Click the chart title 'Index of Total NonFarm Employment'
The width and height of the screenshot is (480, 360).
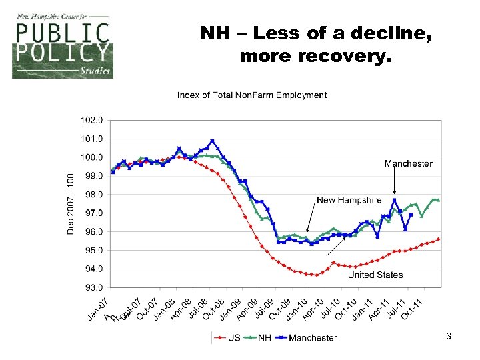point(252,95)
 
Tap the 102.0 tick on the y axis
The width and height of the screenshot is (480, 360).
point(92,121)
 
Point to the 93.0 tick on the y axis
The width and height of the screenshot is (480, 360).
point(92,288)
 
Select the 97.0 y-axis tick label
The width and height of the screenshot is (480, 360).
point(92,213)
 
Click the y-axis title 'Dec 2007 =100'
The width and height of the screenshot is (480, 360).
point(71,204)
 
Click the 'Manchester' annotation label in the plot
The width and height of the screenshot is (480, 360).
point(408,163)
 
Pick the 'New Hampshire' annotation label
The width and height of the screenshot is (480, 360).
point(349,200)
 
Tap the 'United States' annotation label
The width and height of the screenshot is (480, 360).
point(375,275)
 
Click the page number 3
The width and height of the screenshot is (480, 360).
point(449,337)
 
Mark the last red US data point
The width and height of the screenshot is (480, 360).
point(439,239)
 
